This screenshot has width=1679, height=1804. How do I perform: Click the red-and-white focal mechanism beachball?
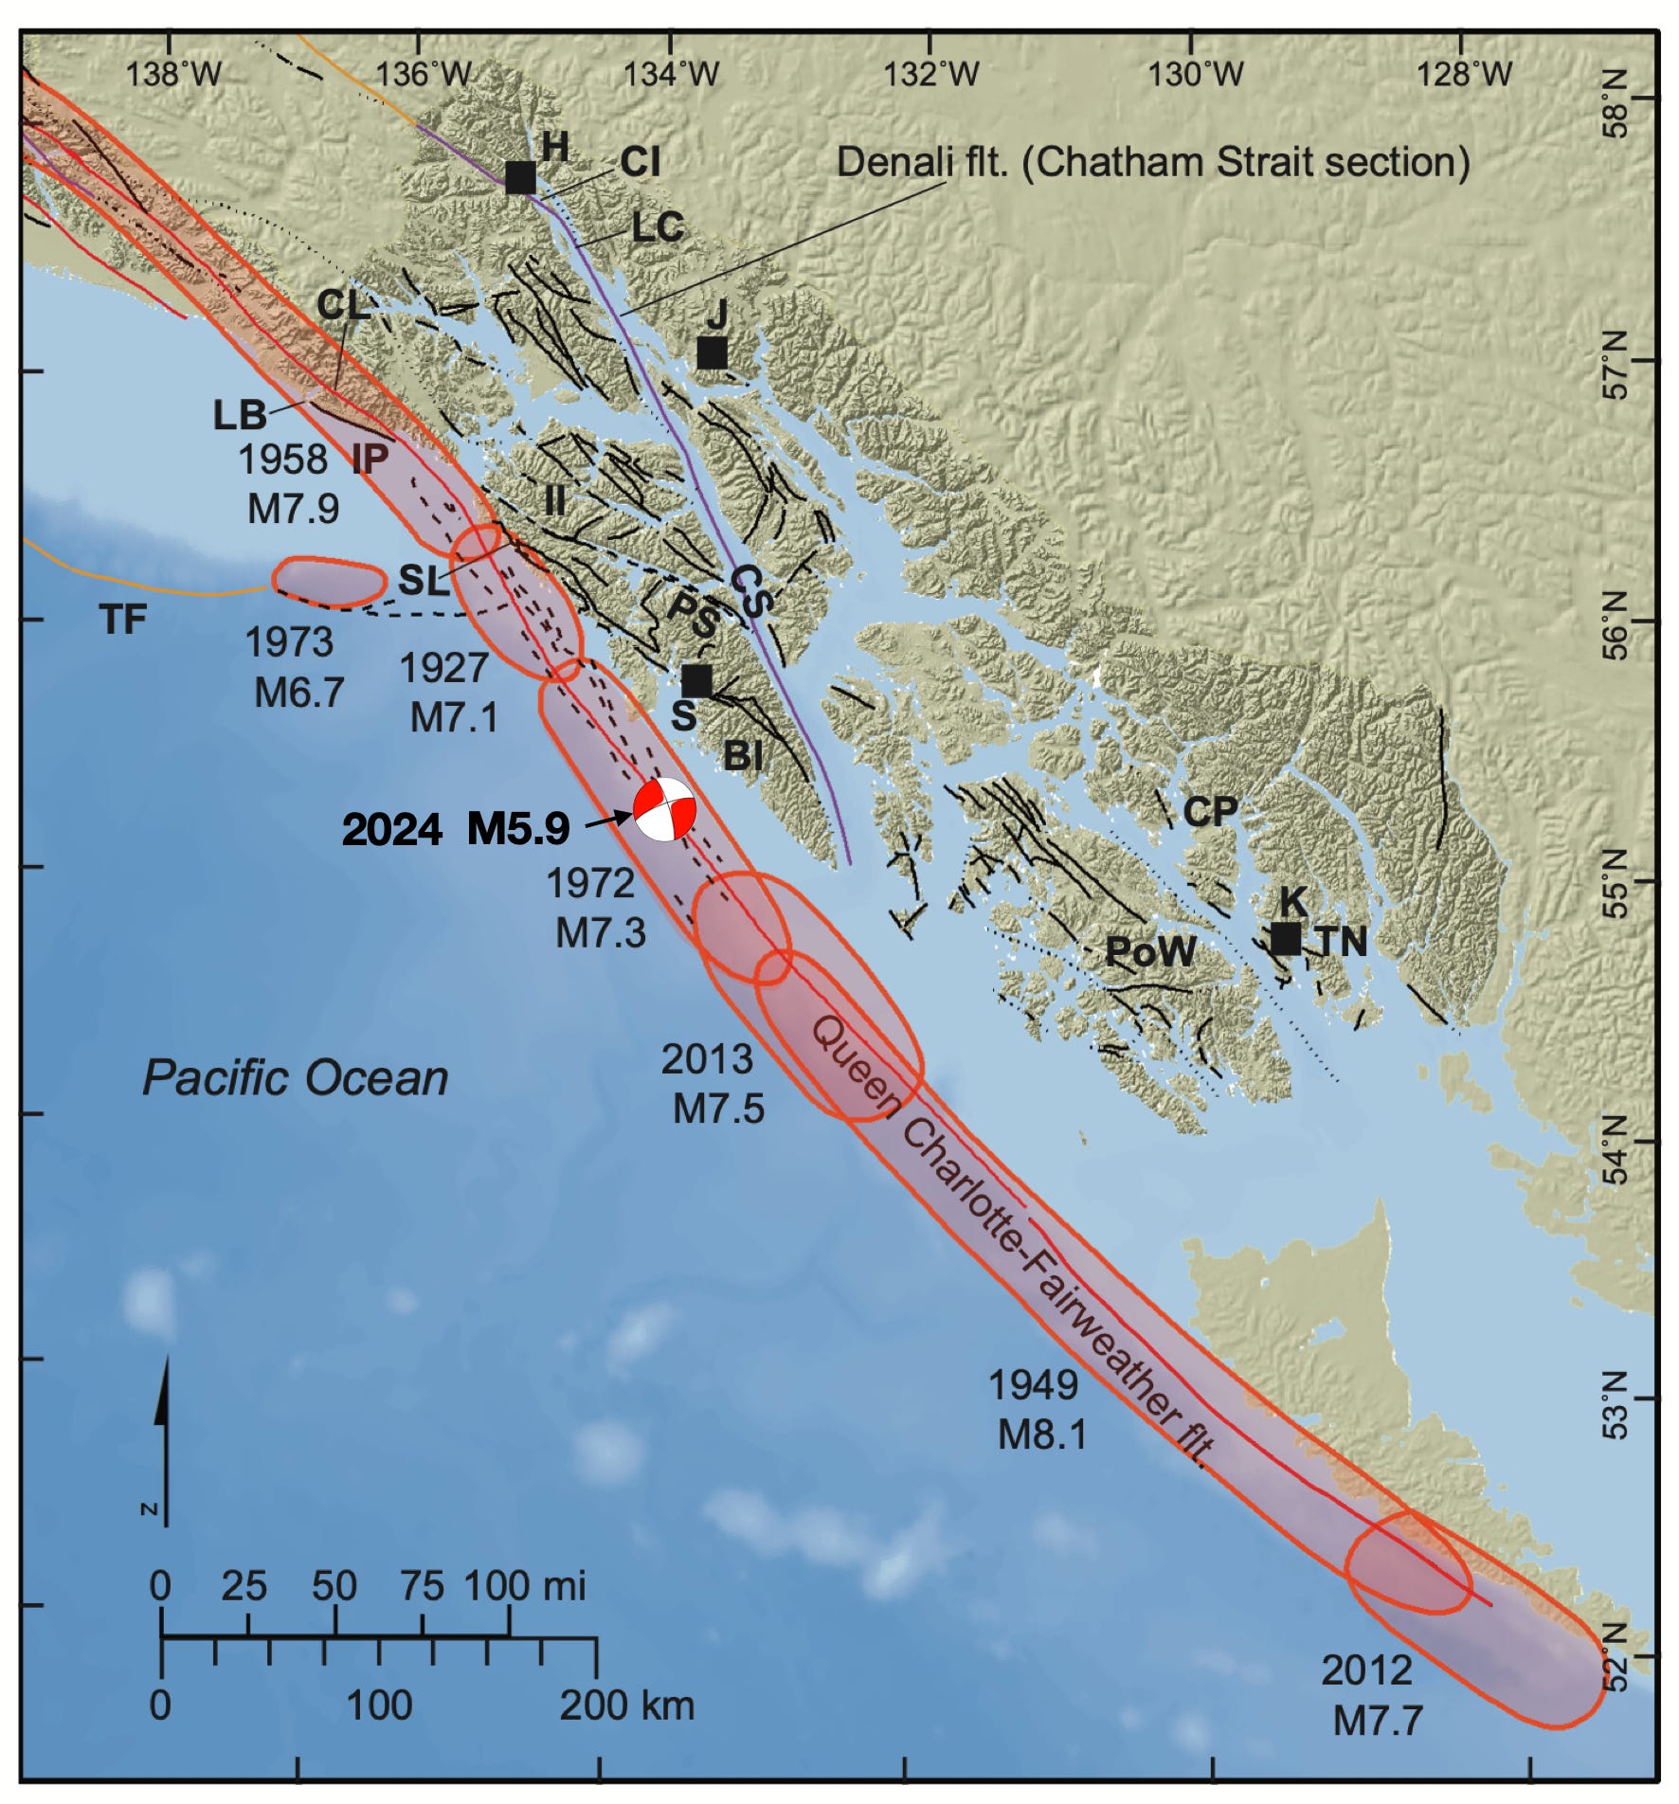click(665, 809)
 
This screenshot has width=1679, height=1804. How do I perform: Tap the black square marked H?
click(520, 177)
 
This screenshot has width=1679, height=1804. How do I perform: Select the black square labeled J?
click(712, 352)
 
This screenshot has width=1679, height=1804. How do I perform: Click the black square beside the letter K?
click(1285, 938)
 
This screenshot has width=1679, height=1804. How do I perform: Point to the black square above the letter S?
click(696, 680)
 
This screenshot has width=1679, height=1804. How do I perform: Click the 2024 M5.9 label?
click(456, 829)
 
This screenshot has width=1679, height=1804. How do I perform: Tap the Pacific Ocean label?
click(295, 1078)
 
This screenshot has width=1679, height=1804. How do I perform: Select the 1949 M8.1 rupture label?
click(1037, 1410)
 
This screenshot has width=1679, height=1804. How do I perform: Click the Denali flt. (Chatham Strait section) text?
click(1152, 162)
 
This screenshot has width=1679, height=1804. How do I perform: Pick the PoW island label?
click(1151, 951)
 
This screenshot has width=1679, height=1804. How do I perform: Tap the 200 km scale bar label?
click(626, 1705)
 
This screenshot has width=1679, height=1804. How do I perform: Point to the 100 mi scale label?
click(525, 1585)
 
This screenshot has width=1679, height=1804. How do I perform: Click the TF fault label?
click(123, 620)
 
